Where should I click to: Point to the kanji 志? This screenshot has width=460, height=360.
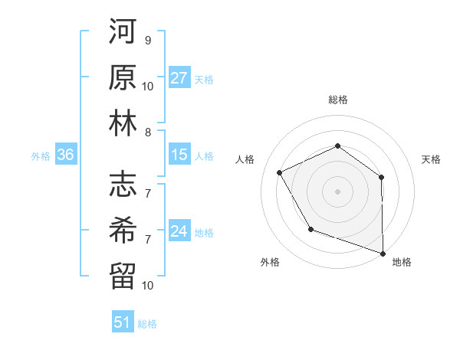click(x=123, y=185)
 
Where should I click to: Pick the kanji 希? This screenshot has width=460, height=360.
click(x=123, y=231)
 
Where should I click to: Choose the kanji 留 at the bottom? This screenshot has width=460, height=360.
click(x=123, y=276)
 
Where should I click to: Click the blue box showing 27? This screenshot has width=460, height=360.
click(x=179, y=77)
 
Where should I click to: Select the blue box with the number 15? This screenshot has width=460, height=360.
click(x=179, y=155)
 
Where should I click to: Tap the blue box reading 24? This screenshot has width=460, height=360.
click(x=179, y=231)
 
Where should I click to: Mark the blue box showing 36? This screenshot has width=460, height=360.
click(x=66, y=155)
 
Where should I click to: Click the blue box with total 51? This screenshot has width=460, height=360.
click(x=123, y=322)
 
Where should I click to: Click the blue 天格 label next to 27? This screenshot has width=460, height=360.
click(x=203, y=79)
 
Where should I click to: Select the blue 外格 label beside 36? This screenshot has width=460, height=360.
click(x=41, y=156)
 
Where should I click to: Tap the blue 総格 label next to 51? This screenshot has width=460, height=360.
click(x=147, y=324)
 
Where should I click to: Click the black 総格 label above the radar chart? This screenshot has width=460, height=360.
click(x=337, y=100)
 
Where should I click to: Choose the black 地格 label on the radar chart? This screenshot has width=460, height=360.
click(x=402, y=262)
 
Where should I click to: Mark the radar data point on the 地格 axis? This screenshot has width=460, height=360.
click(x=383, y=252)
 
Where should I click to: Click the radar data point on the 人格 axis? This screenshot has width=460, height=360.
click(x=280, y=172)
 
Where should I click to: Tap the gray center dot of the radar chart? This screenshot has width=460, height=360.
click(x=337, y=191)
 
